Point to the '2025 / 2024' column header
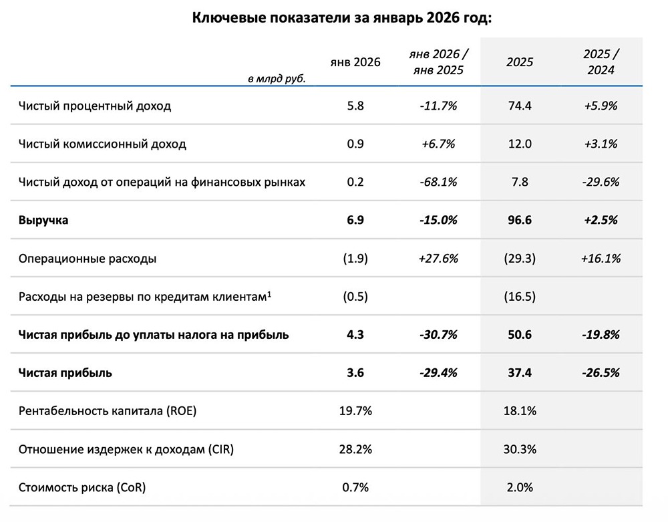[600, 62]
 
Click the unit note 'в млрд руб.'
[276, 79]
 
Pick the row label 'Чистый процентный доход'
[95, 106]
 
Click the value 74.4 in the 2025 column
[519, 106]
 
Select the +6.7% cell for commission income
[438, 144]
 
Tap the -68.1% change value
[438, 182]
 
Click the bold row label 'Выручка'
[43, 220]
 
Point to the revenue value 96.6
[519, 220]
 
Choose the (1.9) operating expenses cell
[355, 258]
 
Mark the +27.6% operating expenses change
[438, 258]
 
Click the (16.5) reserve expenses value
[519, 296]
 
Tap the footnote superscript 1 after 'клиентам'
[269, 293]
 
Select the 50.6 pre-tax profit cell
[519, 334]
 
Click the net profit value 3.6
[355, 373]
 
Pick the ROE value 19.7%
[355, 411]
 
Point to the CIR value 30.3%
[519, 449]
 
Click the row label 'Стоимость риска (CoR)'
[82, 487]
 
